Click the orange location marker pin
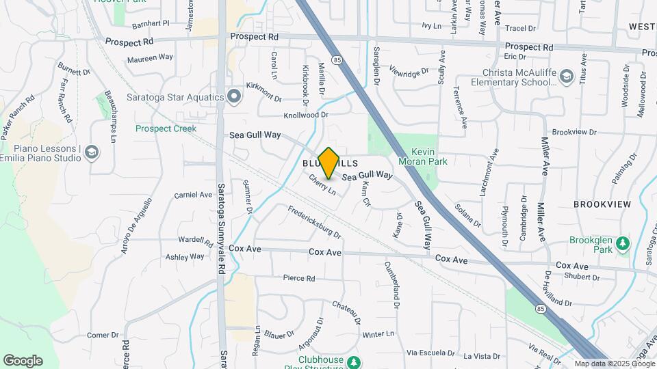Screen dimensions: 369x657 (x=328, y=163)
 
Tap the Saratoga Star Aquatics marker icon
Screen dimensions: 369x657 (x=235, y=96)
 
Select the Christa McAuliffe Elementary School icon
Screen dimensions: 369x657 (x=566, y=76)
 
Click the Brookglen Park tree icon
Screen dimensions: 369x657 (x=622, y=243)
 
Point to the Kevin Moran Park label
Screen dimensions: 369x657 (x=429, y=156)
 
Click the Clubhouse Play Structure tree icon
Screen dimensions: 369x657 (x=353, y=361)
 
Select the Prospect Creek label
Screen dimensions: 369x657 (x=166, y=128)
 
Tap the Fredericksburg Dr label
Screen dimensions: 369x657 (x=313, y=222)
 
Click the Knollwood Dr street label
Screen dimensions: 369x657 (x=306, y=115)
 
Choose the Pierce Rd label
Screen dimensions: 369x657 (x=298, y=278)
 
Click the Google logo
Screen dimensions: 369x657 (x=23, y=360)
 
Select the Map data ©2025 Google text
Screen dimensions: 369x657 (x=615, y=364)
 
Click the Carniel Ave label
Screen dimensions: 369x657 (x=193, y=195)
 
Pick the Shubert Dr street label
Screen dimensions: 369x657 (x=582, y=277)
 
